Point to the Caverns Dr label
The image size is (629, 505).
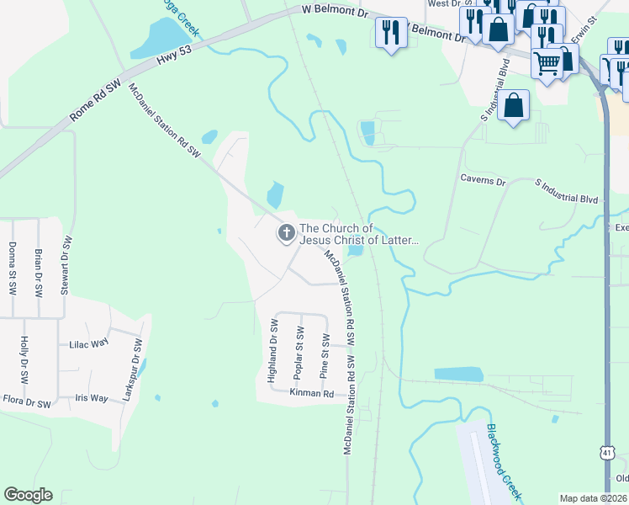[x=483, y=180]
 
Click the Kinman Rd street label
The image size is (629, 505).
[x=311, y=393]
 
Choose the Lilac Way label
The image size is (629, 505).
[x=89, y=344]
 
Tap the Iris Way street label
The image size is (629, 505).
[x=92, y=398]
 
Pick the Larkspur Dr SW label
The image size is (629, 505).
[x=132, y=369]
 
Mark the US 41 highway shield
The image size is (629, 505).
[x=606, y=453]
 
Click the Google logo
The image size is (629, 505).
[x=28, y=495]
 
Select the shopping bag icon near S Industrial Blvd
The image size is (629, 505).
[x=513, y=106]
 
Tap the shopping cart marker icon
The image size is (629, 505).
[x=547, y=61]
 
